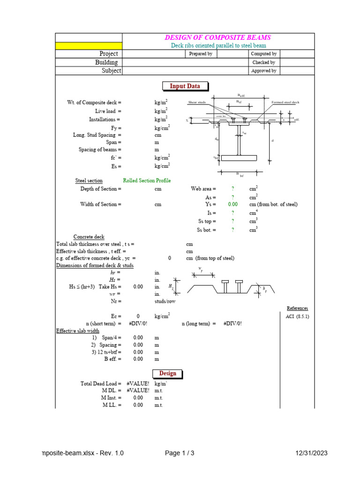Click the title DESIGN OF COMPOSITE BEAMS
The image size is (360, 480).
[217, 37]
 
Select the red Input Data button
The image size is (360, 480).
[185, 86]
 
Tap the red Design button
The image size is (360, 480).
[167, 373]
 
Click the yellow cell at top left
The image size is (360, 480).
[89, 46]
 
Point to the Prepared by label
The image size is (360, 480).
[201, 54]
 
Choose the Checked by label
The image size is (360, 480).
[264, 62]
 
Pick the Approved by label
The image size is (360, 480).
[264, 71]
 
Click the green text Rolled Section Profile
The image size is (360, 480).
[147, 180]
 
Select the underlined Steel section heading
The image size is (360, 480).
[89, 180]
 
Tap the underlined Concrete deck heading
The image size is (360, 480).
[89, 237]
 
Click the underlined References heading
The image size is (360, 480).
[297, 308]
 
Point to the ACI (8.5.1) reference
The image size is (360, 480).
[297, 316]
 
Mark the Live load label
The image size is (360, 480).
[108, 111]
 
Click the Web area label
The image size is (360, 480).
[203, 188]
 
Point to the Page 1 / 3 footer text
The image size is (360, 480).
[180, 453]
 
